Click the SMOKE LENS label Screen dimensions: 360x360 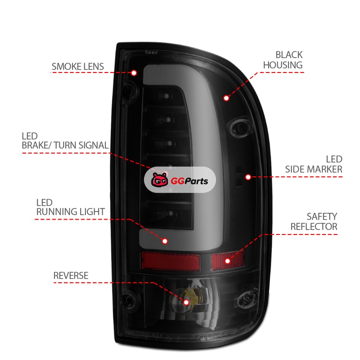point(77,67)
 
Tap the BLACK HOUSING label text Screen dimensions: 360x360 point(283,60)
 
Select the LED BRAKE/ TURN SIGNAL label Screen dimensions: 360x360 point(65,140)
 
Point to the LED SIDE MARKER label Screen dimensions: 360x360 point(314,164)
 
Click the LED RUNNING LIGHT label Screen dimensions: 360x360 point(71,207)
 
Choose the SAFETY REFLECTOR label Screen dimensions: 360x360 point(314,221)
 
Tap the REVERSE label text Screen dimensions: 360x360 point(71,275)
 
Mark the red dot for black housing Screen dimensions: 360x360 point(226,97)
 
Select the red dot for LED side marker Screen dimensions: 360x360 point(247,177)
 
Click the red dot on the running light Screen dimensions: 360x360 point(165,241)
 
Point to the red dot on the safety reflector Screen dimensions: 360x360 point(227,261)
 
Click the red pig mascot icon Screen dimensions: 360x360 point(158,181)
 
